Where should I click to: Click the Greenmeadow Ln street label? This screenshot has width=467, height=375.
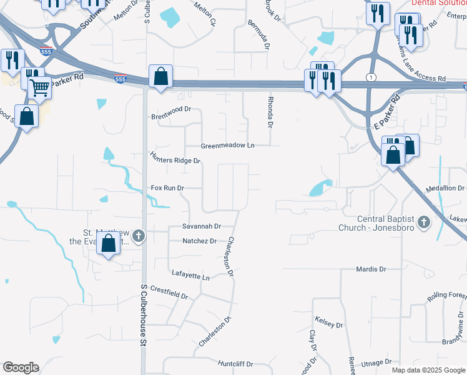tap(228, 146)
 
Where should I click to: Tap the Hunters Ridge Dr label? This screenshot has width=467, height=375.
tap(175, 157)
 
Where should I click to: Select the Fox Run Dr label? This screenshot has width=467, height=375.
tap(168, 187)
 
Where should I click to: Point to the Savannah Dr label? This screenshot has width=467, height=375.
tap(202, 226)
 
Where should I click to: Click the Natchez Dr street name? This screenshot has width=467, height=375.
tap(199, 241)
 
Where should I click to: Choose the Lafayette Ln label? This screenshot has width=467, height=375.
tap(191, 274)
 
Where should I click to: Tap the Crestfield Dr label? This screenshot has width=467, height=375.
tap(169, 292)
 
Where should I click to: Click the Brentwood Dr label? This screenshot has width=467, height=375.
tap(170, 116)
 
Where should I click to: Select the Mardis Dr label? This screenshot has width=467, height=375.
tap(371, 269)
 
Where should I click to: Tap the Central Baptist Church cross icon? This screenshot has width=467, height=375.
tap(424, 222)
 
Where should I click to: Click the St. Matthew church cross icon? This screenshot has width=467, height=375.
tap(139, 236)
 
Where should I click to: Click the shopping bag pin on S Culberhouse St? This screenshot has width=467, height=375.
tap(161, 76)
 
